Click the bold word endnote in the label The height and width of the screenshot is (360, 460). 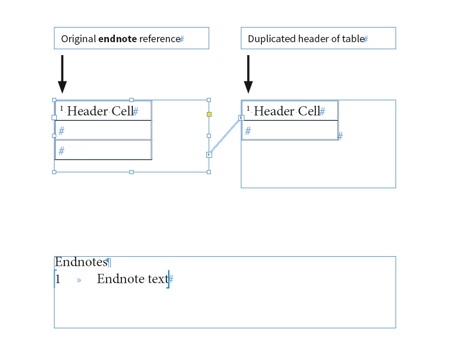point(117,39)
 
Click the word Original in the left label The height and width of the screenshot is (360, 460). point(79,39)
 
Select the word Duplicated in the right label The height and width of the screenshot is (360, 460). point(272,39)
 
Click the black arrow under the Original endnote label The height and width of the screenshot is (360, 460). point(62,74)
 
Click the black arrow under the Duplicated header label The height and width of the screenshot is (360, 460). point(248,74)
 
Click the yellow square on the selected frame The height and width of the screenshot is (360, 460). point(209,114)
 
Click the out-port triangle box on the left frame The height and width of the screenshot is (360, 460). point(209,155)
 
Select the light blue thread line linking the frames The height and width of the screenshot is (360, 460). point(225,136)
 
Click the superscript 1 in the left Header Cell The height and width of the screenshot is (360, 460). point(62,108)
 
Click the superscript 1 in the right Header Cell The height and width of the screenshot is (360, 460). point(248,108)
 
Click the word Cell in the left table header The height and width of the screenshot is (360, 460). point(122,111)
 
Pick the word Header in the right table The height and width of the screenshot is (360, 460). point(274,111)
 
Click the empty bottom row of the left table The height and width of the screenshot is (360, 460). point(103,150)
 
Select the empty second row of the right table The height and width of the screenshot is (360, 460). point(290,130)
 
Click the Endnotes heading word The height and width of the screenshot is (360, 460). point(81,261)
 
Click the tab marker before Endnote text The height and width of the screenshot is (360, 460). point(79,280)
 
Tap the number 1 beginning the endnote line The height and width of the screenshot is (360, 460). point(58,279)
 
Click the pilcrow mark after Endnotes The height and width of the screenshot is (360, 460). point(108,262)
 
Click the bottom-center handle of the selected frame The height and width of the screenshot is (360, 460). point(131,172)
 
